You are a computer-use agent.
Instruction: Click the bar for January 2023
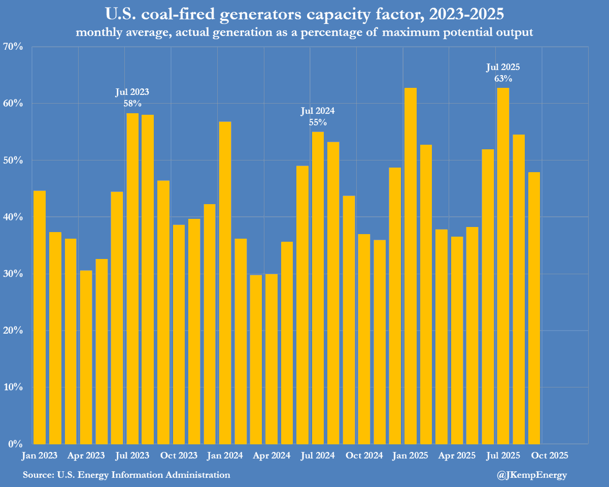click(x=40, y=317)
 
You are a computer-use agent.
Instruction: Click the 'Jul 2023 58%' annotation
click(x=132, y=98)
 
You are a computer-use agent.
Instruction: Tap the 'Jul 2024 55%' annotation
click(x=318, y=116)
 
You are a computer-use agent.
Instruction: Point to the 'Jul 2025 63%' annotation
click(x=503, y=73)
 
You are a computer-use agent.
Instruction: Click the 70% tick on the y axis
click(x=14, y=47)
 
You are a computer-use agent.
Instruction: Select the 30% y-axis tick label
click(x=14, y=274)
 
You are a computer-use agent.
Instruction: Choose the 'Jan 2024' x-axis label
click(x=226, y=455)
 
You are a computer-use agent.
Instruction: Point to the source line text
click(x=126, y=475)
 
